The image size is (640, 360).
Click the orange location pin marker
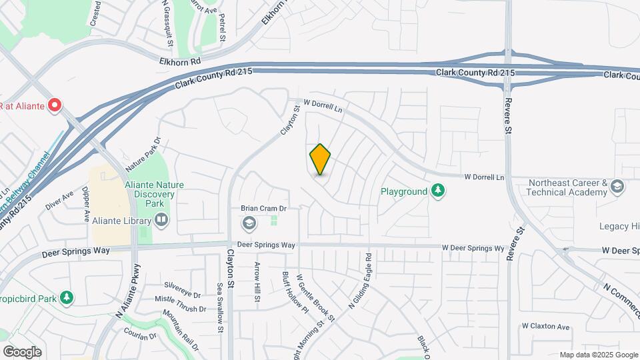pyautogui.click(x=320, y=159)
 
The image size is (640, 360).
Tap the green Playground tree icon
pyautogui.click(x=437, y=191)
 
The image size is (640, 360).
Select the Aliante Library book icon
pyautogui.click(x=161, y=219)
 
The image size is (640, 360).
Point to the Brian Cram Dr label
pyautogui.click(x=263, y=209)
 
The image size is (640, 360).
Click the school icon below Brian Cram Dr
pyautogui.click(x=249, y=222)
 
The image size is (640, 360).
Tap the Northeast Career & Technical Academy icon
pyautogui.click(x=617, y=187)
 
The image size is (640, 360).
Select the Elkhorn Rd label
pyautogui.click(x=180, y=61)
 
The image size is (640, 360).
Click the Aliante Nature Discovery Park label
pyautogui.click(x=145, y=193)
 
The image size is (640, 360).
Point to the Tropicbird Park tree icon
pyautogui.click(x=66, y=297)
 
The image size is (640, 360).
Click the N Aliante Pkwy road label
pyautogui.click(x=129, y=291)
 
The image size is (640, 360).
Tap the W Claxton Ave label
pyautogui.click(x=546, y=327)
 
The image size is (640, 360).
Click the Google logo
pyautogui.click(x=22, y=351)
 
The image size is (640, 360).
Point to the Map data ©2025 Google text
pyautogui.click(x=598, y=355)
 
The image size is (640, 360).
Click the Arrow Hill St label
pyautogui.click(x=257, y=282)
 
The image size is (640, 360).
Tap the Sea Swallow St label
pyautogui.click(x=219, y=307)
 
